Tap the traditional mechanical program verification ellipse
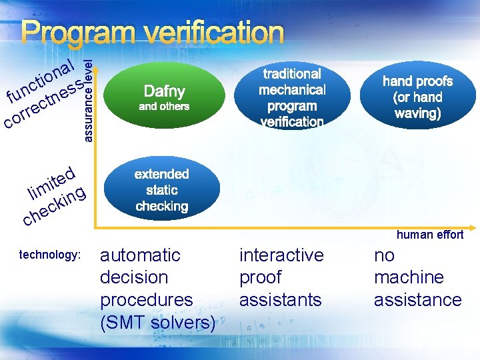tap(292, 97)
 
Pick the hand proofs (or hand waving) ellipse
tap(417, 97)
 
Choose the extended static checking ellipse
tap(162, 190)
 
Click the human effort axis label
tap(430, 234)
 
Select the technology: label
tap(50, 255)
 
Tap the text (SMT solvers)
tap(157, 323)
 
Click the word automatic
tap(140, 255)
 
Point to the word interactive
tap(281, 255)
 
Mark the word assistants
tap(279, 300)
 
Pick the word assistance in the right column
tap(417, 300)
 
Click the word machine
tap(409, 277)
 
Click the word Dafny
tap(164, 91)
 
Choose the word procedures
tap(146, 300)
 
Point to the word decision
tap(134, 277)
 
